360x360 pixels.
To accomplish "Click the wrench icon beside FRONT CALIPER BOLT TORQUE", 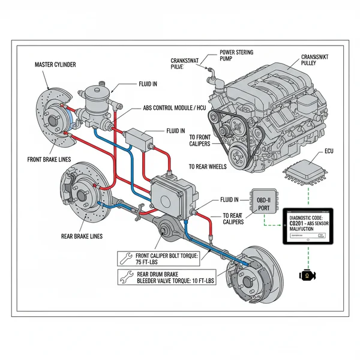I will click(x=125, y=258).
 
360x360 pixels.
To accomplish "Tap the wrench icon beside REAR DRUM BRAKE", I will click(x=125, y=277).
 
